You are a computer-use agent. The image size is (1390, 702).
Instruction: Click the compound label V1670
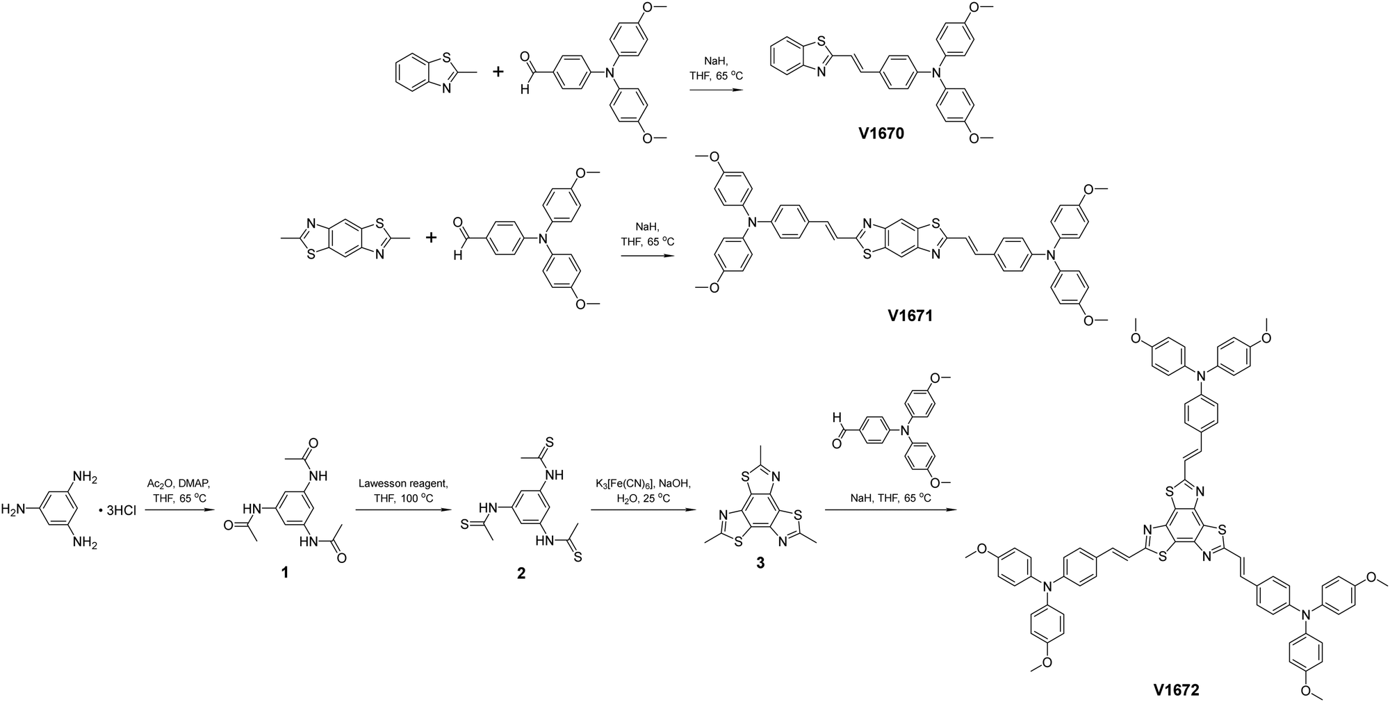click(x=881, y=133)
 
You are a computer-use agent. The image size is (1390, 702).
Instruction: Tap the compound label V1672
click(x=1177, y=690)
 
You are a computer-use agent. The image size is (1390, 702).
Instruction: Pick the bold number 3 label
click(x=760, y=564)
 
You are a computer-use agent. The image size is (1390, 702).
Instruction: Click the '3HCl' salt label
click(x=120, y=512)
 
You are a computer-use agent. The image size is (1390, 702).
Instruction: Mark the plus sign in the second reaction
click(x=432, y=238)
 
